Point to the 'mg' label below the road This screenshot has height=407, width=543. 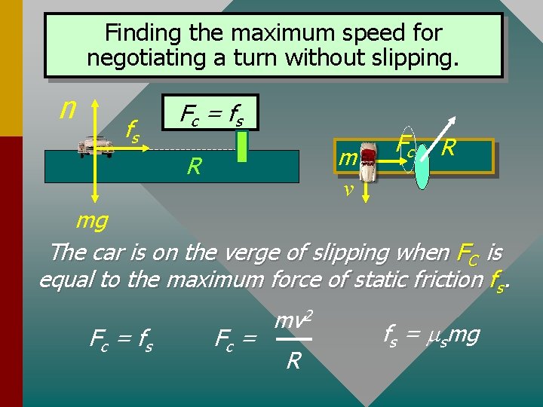click(92, 222)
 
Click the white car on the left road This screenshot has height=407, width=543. click(97, 145)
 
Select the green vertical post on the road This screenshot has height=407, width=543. click(241, 146)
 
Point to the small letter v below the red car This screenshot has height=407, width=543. click(348, 189)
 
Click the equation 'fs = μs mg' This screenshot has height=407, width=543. click(431, 335)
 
